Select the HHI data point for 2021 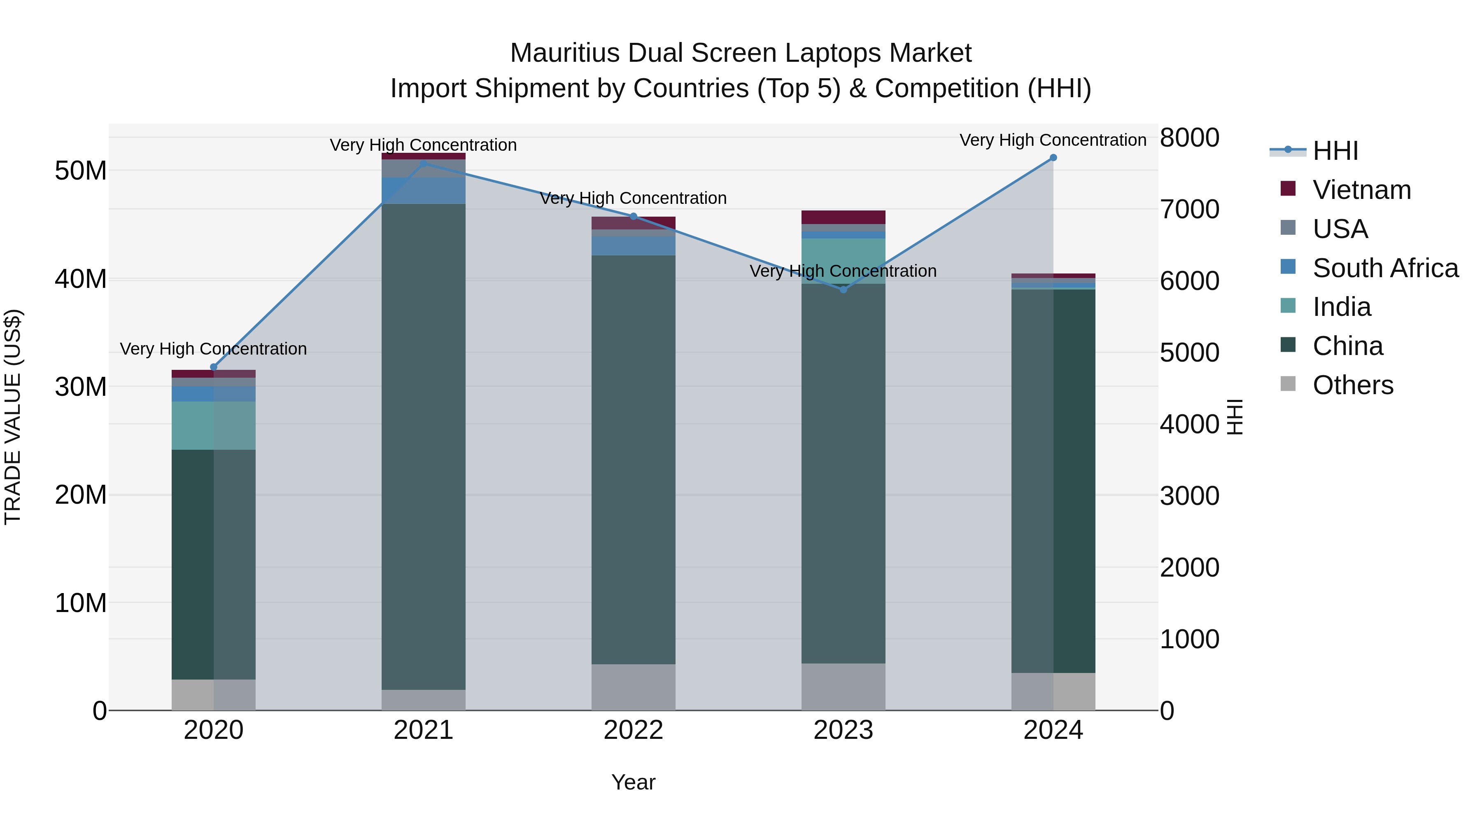(x=424, y=164)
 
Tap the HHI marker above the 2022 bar (x=634, y=216)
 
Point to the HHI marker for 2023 (x=844, y=290)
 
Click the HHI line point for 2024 (x=1053, y=158)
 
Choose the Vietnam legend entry (x=1361, y=190)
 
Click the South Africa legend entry (x=1385, y=268)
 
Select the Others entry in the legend (x=1353, y=385)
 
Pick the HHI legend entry (x=1335, y=151)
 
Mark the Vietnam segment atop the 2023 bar (x=844, y=217)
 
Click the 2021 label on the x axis (x=424, y=730)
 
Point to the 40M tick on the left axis (x=81, y=279)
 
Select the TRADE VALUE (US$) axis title (x=13, y=417)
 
